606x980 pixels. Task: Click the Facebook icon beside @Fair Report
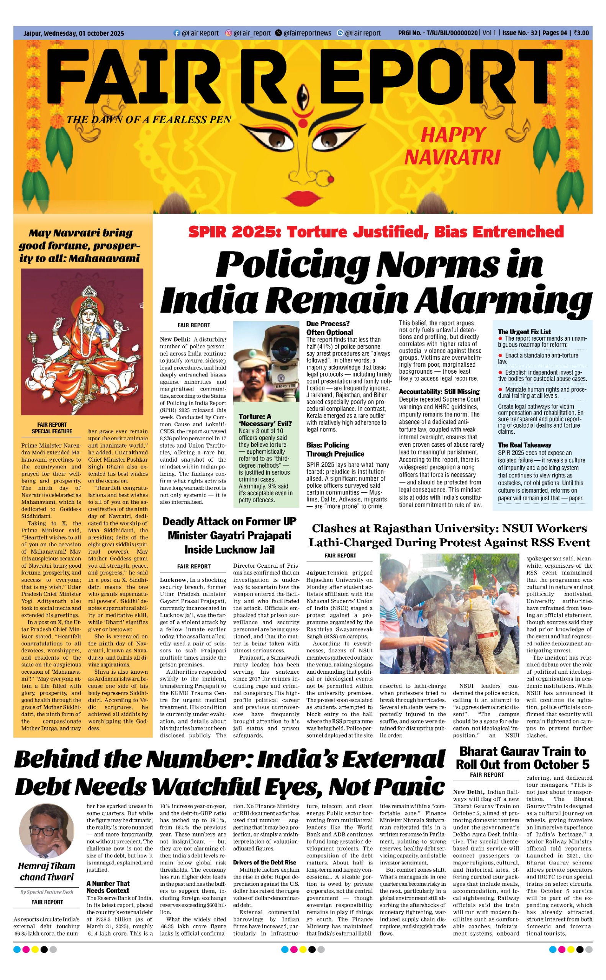coord(176,33)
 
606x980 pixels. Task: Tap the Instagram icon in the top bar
coord(228,33)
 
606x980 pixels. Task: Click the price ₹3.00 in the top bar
coord(581,33)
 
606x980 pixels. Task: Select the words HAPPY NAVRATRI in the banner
coord(452,146)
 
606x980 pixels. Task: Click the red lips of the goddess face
coord(303,197)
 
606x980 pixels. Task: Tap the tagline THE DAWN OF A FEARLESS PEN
coord(149,120)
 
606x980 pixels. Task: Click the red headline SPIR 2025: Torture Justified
coord(375,232)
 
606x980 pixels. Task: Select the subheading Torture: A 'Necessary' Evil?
coord(265,420)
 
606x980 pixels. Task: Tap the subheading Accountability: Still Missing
coord(439,391)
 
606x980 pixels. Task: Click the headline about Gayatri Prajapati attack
coord(229,535)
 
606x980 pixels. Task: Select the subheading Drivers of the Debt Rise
coord(265,862)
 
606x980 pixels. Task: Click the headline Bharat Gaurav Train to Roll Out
coord(522,758)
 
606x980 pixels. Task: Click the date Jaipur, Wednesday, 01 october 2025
coord(74,33)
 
